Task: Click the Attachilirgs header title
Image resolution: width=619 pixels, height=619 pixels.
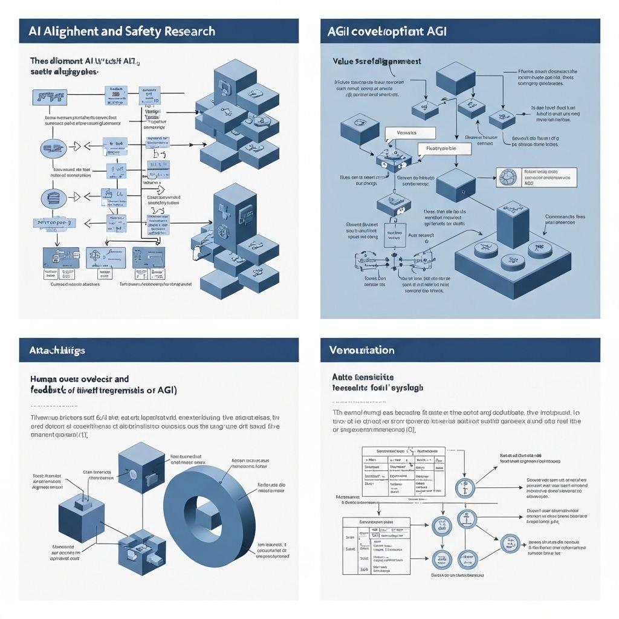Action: pos(57,350)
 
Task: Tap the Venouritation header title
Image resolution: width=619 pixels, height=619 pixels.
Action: pos(361,350)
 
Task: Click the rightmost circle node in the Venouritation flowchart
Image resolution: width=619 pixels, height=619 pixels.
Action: pos(510,543)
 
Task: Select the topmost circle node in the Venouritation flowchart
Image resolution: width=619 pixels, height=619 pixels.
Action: pos(465,487)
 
